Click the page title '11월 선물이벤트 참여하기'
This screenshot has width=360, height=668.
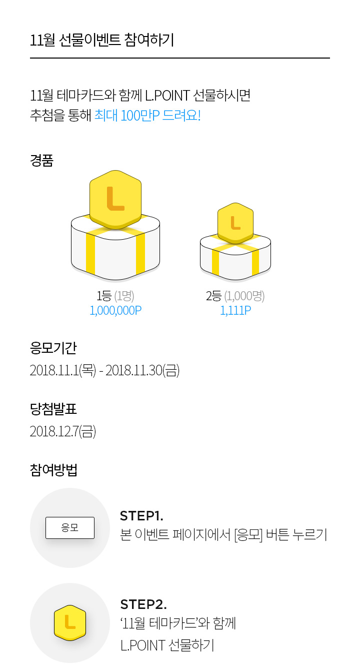click(102, 40)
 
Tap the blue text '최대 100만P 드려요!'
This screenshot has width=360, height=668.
click(147, 116)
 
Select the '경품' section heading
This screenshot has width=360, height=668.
click(41, 161)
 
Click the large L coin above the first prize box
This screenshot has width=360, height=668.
click(115, 200)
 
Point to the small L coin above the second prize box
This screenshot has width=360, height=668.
click(235, 223)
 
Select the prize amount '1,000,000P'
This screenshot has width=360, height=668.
click(115, 310)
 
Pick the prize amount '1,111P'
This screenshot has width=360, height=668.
click(235, 310)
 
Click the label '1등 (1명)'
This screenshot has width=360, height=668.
click(115, 296)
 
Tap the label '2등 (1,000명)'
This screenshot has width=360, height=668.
click(235, 296)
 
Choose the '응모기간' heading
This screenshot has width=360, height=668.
click(53, 348)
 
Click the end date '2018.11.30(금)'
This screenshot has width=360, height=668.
click(142, 370)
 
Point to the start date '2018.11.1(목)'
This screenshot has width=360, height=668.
click(63, 370)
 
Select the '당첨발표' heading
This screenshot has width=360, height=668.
click(53, 409)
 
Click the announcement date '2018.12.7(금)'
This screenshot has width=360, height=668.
click(63, 431)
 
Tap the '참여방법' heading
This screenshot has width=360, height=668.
click(53, 470)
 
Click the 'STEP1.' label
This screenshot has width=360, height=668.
click(141, 516)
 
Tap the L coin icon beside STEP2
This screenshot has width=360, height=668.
click(70, 622)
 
